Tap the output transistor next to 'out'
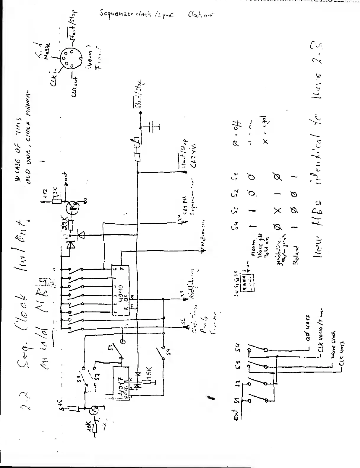click(x=72, y=206)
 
